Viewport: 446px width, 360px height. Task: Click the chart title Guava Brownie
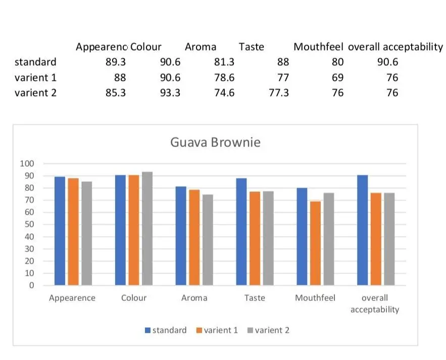(x=215, y=142)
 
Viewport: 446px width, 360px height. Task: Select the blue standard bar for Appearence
(x=60, y=231)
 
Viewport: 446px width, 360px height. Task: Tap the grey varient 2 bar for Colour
(x=147, y=228)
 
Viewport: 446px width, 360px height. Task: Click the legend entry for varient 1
(x=217, y=330)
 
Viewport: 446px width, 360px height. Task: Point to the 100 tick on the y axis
(x=26, y=164)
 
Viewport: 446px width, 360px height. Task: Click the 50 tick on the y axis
(x=28, y=224)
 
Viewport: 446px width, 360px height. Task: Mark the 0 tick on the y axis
(x=31, y=285)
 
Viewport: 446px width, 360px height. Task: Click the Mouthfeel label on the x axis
(x=315, y=298)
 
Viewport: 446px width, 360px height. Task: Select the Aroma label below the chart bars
(x=194, y=298)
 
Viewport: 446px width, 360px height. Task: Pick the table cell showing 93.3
(x=170, y=93)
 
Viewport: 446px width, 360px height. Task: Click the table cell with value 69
(x=337, y=78)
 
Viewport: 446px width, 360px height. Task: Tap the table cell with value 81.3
(x=224, y=62)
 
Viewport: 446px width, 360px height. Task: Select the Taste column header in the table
(x=252, y=47)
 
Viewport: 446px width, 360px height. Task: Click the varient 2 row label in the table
(x=35, y=93)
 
